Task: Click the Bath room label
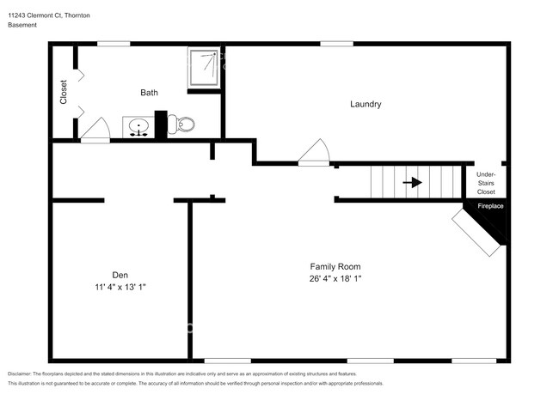click(150, 92)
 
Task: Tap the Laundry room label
click(365, 104)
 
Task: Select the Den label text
click(120, 275)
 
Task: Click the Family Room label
click(335, 266)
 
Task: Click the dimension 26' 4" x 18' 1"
click(335, 278)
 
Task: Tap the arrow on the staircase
click(413, 182)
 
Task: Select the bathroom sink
click(138, 129)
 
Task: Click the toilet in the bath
click(184, 125)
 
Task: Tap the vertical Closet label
click(64, 93)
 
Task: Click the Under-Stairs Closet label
click(486, 183)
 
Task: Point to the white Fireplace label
click(490, 207)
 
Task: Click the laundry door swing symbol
click(315, 153)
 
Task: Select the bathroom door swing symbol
click(95, 131)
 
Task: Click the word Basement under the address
click(22, 25)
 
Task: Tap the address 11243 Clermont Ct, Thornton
click(49, 15)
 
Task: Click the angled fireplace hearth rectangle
click(477, 234)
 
